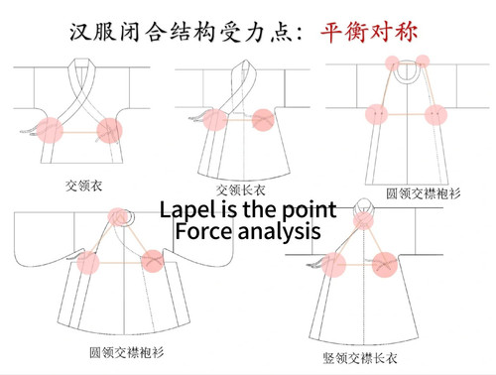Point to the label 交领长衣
click(238, 188)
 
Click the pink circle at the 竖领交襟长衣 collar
click(365, 216)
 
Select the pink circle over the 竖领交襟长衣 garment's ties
click(333, 264)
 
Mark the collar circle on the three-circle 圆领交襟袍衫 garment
click(120, 214)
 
